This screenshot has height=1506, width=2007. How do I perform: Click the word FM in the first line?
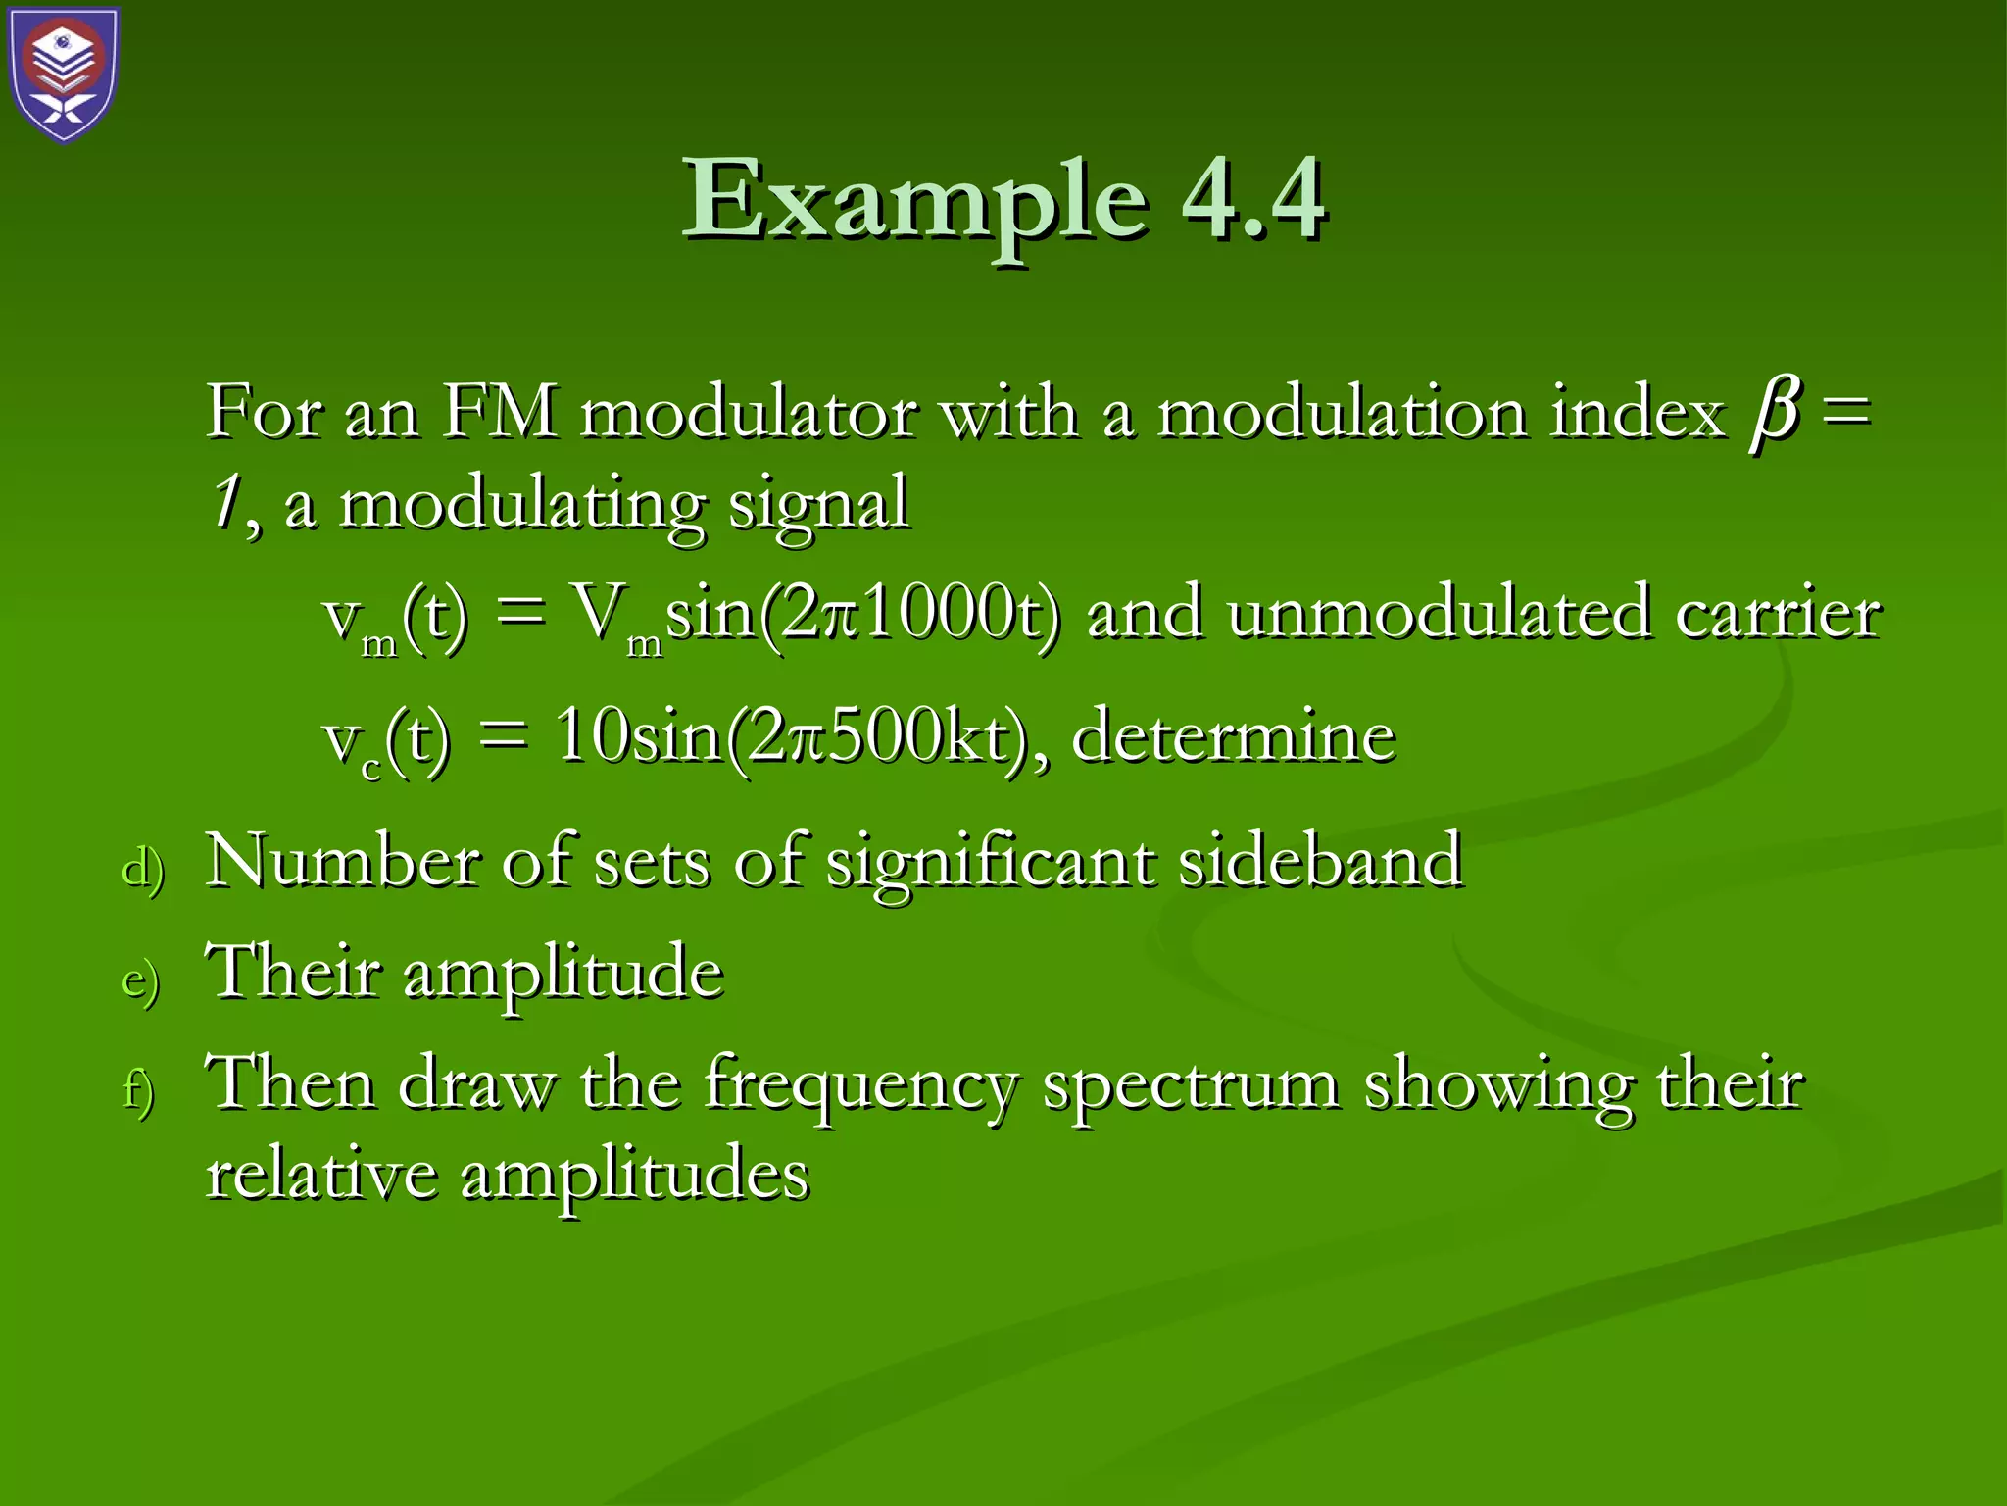coord(500,412)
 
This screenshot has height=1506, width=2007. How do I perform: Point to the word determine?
coord(1233,737)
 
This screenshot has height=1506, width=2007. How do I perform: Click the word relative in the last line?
coord(321,1175)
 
